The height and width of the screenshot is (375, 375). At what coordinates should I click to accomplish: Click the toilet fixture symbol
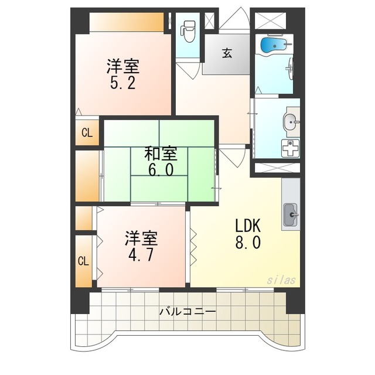(x=188, y=31)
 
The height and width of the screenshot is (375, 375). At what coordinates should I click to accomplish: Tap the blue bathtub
(x=274, y=45)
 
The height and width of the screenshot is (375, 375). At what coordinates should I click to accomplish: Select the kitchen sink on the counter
(x=291, y=214)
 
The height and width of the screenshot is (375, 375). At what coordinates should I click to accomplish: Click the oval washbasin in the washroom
(x=291, y=122)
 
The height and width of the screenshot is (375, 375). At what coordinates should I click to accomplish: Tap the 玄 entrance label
(x=227, y=53)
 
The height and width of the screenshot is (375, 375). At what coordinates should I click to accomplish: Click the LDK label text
(x=248, y=226)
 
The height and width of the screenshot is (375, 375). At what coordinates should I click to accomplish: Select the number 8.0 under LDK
(x=248, y=242)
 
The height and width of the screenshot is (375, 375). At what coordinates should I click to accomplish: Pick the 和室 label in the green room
(x=161, y=154)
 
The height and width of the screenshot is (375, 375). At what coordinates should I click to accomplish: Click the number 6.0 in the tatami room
(x=161, y=169)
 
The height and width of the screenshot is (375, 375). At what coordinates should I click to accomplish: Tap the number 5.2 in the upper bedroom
(x=122, y=83)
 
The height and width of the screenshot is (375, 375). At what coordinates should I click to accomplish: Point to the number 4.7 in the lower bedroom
(x=141, y=255)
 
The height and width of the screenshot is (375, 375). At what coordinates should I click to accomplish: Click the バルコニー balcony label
(x=187, y=311)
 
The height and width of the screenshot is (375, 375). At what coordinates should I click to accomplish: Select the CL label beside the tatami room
(x=87, y=132)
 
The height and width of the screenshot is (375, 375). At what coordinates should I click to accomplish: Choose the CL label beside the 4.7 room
(x=83, y=261)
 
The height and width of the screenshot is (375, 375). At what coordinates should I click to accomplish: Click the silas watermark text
(x=281, y=280)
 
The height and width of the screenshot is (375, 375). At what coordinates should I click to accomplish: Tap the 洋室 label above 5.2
(x=123, y=66)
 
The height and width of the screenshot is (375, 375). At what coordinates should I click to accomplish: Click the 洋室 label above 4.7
(x=141, y=238)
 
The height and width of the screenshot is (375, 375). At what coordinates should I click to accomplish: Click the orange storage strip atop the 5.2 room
(x=127, y=22)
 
